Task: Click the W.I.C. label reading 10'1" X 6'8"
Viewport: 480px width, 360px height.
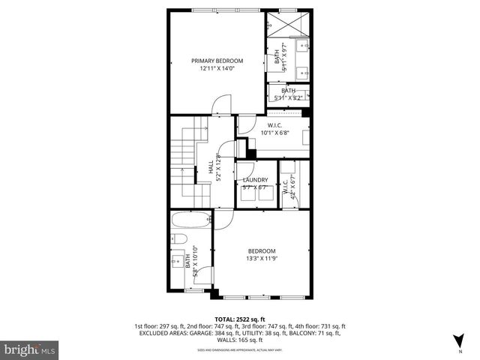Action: click(x=274, y=129)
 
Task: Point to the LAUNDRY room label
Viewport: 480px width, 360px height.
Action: click(x=256, y=180)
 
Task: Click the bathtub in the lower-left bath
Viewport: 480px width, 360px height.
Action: click(x=187, y=221)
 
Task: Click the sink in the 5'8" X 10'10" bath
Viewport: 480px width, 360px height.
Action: click(x=177, y=262)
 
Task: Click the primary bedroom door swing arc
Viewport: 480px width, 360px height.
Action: click(x=217, y=107)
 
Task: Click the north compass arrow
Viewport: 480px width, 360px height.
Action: click(x=457, y=341)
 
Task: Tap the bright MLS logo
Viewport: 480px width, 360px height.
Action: click(x=29, y=349)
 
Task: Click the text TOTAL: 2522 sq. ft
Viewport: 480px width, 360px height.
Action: click(x=239, y=318)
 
